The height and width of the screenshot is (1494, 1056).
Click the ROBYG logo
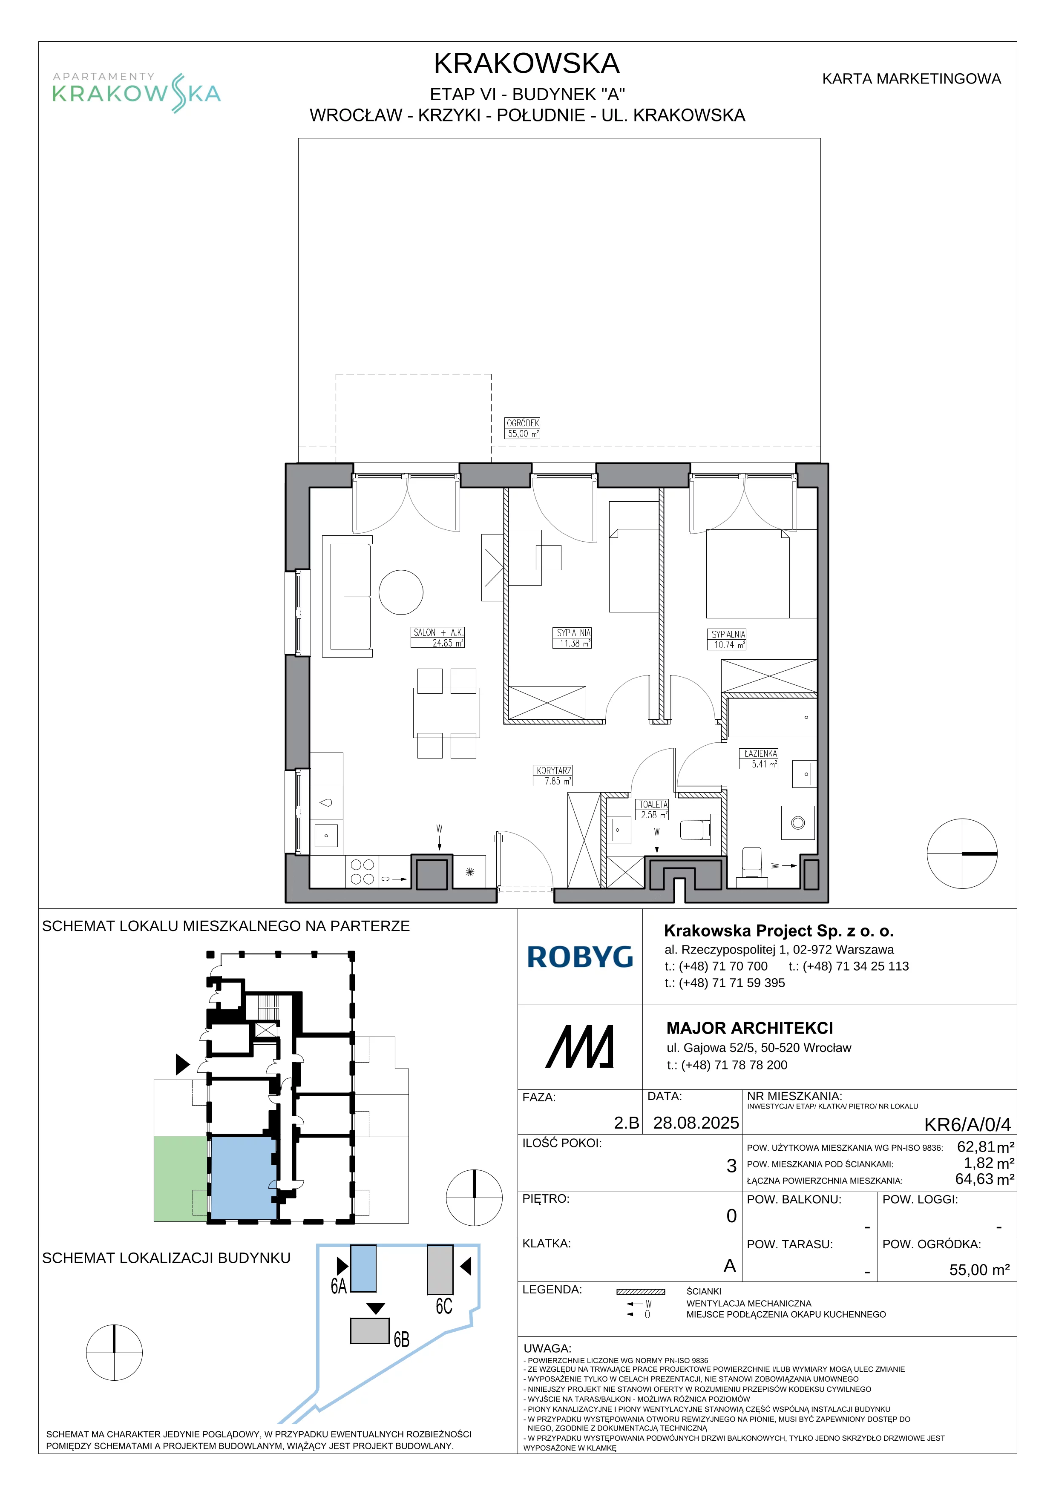[580, 957]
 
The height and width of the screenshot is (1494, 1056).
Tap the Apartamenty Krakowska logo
[137, 92]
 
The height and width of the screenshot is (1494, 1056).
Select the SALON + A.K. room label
[438, 638]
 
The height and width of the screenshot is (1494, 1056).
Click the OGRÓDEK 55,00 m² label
[523, 428]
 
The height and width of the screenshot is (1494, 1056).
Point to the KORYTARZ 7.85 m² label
[554, 776]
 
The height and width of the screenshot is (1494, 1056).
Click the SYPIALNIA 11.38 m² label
[573, 638]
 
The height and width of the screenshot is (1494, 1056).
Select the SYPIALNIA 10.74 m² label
[728, 639]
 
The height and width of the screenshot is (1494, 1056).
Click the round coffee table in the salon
[401, 592]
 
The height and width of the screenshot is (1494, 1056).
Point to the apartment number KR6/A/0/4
[967, 1124]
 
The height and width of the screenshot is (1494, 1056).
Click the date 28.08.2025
[696, 1123]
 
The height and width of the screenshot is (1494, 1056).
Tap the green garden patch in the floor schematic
[181, 1179]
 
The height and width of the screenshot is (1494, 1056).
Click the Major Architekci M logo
[579, 1046]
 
